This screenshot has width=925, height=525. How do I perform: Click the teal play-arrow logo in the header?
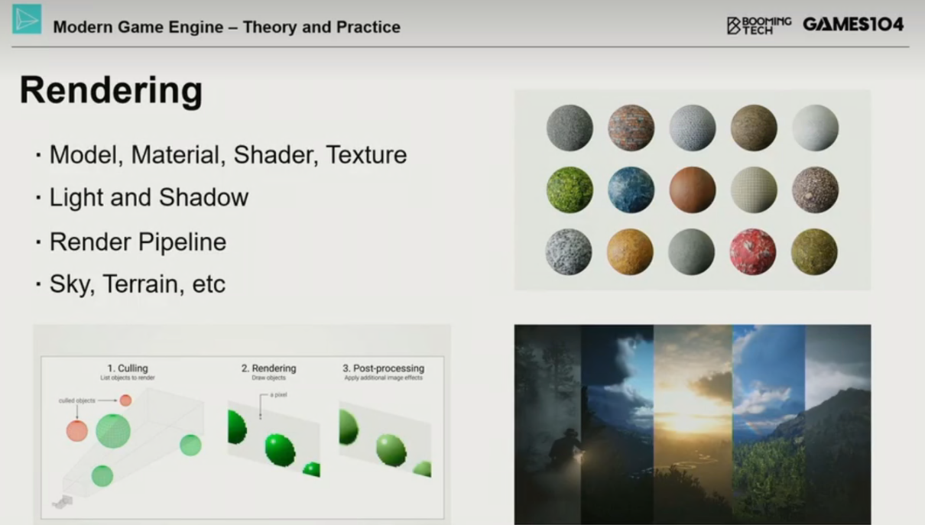27,19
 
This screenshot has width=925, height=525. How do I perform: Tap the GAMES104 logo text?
853,24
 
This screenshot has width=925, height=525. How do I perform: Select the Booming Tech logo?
759,25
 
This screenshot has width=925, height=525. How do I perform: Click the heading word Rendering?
111,92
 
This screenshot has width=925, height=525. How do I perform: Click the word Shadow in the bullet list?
203,197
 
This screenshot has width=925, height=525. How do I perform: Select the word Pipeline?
182,242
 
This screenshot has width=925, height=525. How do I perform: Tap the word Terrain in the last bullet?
143,284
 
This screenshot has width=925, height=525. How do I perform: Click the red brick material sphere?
631,128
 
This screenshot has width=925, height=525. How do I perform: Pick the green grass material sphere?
570,190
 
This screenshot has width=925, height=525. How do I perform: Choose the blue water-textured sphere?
631,190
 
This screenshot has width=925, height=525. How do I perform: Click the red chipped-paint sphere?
753,251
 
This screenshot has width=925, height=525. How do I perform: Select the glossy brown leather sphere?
692,190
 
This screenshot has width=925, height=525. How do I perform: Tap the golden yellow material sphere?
630,251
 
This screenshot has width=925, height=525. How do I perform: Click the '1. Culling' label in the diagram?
128,368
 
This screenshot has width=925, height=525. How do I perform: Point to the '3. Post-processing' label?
383,368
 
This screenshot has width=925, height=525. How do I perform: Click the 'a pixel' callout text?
278,395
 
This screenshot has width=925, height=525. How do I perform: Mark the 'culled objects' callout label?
76,400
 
